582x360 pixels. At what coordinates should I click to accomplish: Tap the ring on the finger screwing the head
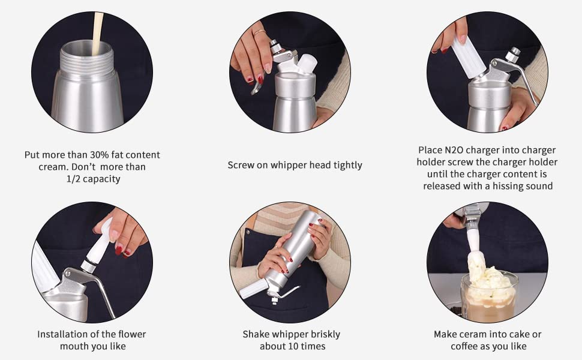click(259, 32)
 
